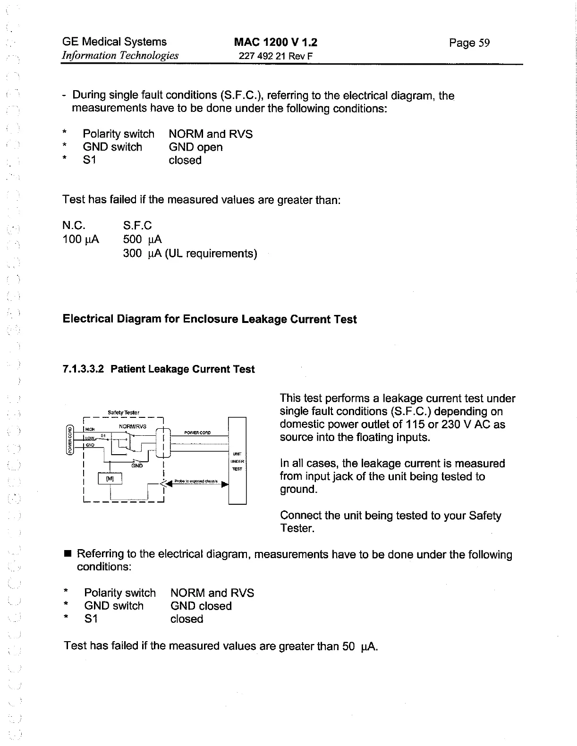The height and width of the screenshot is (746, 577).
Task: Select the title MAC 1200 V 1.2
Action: pos(276,42)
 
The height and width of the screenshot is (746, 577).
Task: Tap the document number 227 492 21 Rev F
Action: pos(276,56)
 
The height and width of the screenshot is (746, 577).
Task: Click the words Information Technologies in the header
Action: pos(120,55)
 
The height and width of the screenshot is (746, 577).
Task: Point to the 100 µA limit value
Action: pos(81,239)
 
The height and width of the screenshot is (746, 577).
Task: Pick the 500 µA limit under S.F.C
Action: pos(142,239)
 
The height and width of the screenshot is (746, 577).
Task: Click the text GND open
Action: pos(195,147)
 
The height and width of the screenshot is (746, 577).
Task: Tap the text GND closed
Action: pos(201,606)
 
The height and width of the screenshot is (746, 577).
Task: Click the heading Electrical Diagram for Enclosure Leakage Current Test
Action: pos(210,319)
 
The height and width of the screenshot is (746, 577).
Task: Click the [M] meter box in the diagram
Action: pos(110,479)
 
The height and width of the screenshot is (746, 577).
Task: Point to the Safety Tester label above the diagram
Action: pos(123,412)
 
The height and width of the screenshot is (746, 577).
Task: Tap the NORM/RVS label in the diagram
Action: pos(133,426)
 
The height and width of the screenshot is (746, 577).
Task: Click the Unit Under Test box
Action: pos(237,461)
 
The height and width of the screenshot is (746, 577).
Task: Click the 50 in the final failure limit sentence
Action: pos(348,645)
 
